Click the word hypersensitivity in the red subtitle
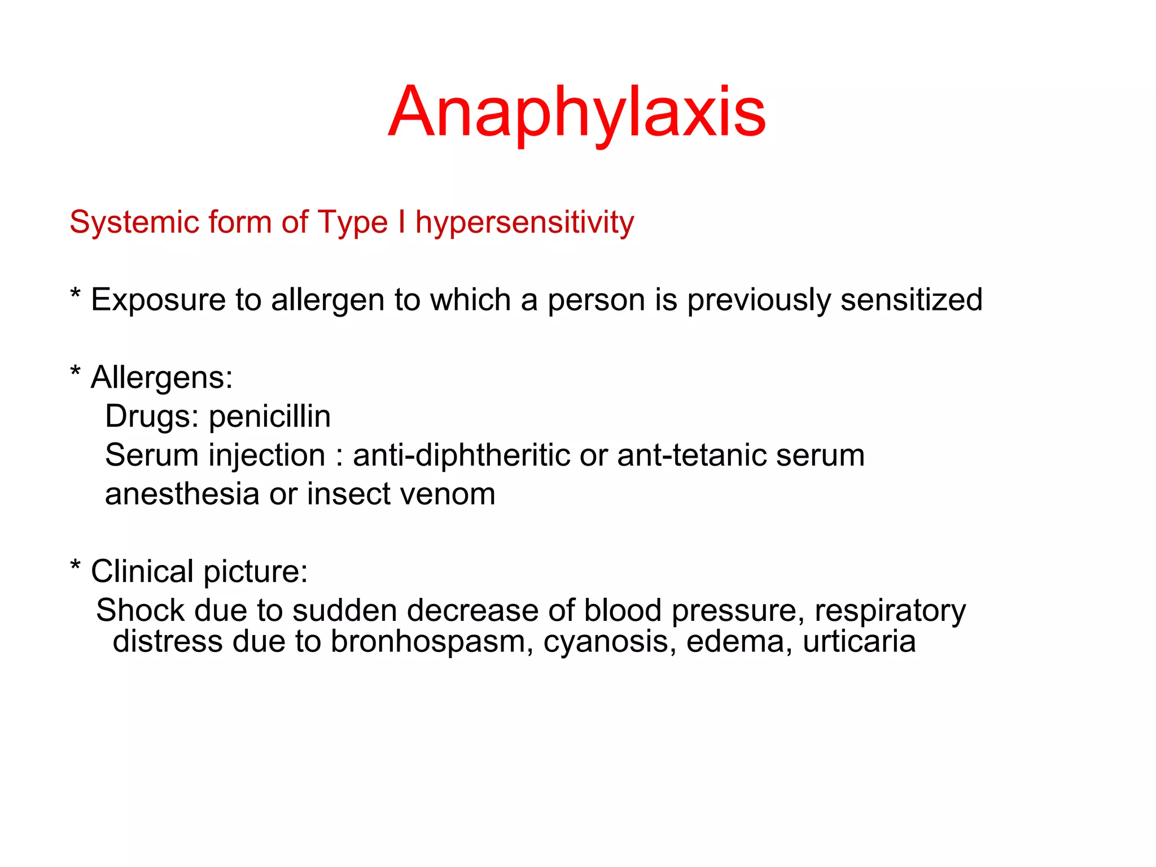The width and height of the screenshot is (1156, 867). pyautogui.click(x=524, y=222)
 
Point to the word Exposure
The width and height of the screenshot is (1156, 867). pyautogui.click(x=157, y=300)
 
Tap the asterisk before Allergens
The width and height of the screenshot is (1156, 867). pyautogui.click(x=75, y=373)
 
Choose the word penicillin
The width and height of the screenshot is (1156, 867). pyautogui.click(x=270, y=417)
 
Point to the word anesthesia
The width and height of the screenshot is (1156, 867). pyautogui.click(x=182, y=494)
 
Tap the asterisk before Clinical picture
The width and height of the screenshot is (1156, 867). pyautogui.click(x=75, y=567)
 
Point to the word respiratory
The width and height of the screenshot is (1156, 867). pyautogui.click(x=890, y=611)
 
